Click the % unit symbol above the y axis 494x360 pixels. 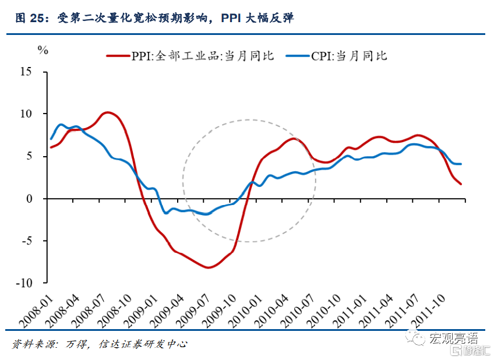tap(43, 50)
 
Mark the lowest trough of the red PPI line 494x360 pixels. tap(208, 267)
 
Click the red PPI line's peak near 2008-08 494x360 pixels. tap(107, 112)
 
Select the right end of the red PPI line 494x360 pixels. tap(462, 184)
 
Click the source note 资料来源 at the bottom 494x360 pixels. tap(99, 344)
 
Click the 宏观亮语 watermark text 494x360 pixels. tap(453, 338)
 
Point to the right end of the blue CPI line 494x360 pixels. tap(461, 164)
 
